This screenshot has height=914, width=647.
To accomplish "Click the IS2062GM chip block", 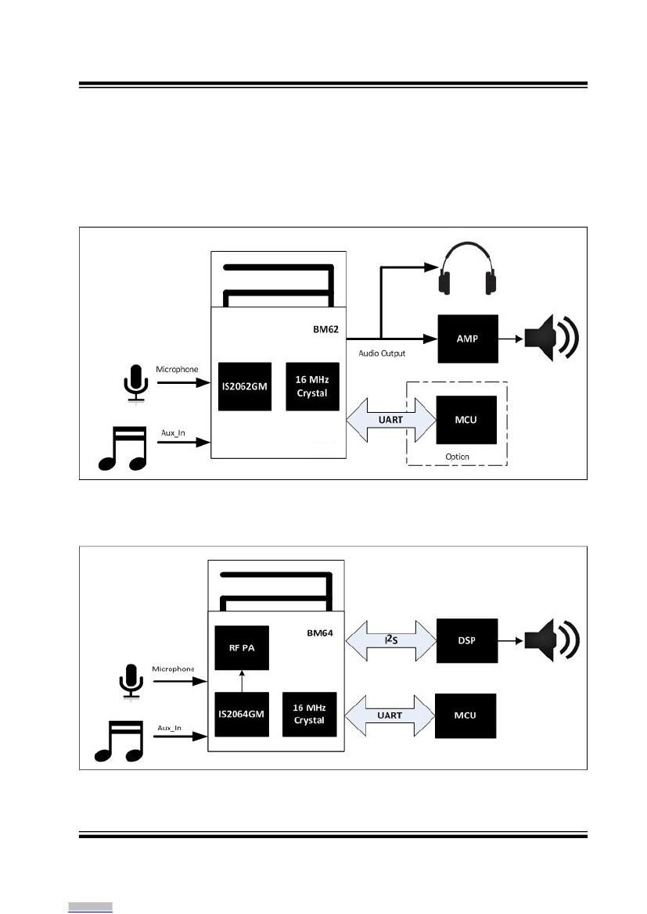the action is (244, 386).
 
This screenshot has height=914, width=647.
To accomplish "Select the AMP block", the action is (468, 339).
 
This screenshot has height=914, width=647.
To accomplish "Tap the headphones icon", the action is (468, 269).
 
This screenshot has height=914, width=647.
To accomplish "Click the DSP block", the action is (467, 640).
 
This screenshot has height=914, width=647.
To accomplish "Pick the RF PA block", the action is (242, 647).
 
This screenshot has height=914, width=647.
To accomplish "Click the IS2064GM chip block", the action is (242, 714).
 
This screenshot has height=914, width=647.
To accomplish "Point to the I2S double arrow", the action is (391, 640).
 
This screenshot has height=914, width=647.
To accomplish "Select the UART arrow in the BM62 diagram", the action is (391, 420).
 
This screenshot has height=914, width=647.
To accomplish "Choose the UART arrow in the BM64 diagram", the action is (390, 715).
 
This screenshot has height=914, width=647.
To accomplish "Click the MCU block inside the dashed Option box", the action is (466, 420).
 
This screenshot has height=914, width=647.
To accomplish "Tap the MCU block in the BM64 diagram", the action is (465, 716).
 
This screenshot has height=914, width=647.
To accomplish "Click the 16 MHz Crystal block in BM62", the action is (312, 386).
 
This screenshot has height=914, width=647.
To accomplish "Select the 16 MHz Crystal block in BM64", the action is (309, 714).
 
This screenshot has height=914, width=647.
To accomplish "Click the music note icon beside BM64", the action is (120, 741).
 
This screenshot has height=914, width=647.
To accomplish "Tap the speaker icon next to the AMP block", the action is (552, 338).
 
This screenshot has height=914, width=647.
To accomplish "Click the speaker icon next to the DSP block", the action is (552, 640).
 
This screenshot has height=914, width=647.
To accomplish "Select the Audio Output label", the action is (382, 353).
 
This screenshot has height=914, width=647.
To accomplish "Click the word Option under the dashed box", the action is (458, 457).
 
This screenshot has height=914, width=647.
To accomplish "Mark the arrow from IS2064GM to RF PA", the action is (242, 681).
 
